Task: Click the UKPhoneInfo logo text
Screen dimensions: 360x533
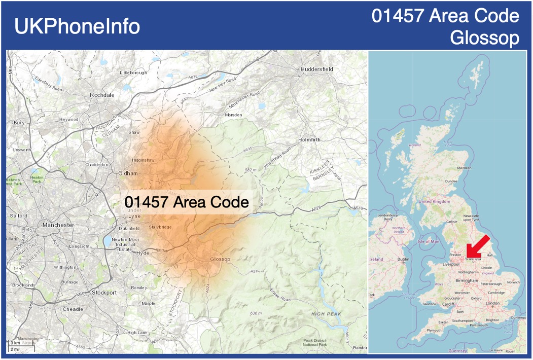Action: tap(77, 26)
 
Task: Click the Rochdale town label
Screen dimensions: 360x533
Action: tap(102, 95)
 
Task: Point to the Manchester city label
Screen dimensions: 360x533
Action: tap(58, 225)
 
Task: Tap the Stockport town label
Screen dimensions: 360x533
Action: tap(104, 293)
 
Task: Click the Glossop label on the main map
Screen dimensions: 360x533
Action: tap(220, 259)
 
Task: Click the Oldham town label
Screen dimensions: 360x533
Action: tap(128, 173)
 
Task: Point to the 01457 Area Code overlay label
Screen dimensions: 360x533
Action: tap(187, 202)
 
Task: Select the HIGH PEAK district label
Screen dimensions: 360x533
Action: tap(327, 314)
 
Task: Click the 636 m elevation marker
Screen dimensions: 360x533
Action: tap(256, 313)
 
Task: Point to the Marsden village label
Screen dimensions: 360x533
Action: tap(233, 115)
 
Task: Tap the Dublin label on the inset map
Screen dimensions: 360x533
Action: tap(403, 259)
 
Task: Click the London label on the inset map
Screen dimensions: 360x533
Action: tap(492, 303)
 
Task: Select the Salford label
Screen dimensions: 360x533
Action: tap(18, 215)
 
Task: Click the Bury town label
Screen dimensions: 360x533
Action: tap(19, 123)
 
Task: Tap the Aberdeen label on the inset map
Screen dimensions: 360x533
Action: tap(464, 168)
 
